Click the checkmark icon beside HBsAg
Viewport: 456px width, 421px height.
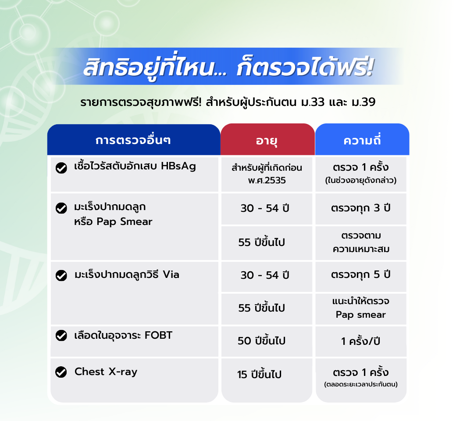click(x=61, y=168)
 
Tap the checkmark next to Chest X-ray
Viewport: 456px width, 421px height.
click(x=61, y=372)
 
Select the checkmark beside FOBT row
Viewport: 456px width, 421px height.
click(x=61, y=335)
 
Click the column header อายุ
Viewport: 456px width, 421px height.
click(x=267, y=141)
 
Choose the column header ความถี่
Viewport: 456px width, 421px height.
click(x=362, y=140)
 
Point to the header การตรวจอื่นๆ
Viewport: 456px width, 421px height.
click(x=133, y=140)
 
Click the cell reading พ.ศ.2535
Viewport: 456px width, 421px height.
click(x=267, y=180)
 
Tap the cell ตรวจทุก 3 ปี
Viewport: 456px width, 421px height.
click(x=360, y=208)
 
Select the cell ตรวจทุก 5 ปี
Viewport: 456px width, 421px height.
click(x=360, y=275)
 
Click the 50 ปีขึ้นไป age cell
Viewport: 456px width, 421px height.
click(x=261, y=340)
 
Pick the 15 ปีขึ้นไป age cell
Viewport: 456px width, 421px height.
click(x=259, y=374)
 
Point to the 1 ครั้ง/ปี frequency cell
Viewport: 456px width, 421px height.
click(x=360, y=341)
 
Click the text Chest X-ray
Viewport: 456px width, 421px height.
click(x=106, y=372)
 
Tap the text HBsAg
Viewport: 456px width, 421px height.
click(x=178, y=166)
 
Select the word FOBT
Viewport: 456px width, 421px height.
click(x=158, y=335)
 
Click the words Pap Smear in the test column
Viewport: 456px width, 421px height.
click(x=125, y=222)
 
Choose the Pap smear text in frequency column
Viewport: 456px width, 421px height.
click(x=360, y=315)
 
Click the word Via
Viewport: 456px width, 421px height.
click(x=171, y=274)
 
